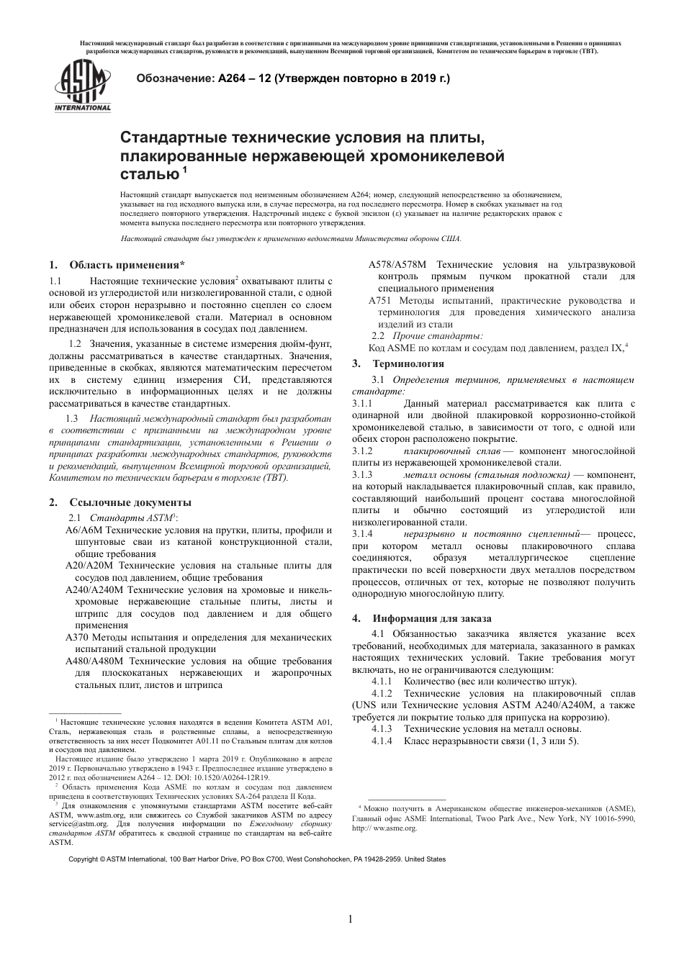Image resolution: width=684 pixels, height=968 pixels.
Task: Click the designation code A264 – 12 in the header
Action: tap(245, 78)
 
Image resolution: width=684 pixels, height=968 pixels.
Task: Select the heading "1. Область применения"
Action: tap(117, 265)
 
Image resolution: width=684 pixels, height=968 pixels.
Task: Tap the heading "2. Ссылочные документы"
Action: tap(120, 502)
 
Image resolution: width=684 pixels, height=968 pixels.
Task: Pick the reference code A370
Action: tap(77, 637)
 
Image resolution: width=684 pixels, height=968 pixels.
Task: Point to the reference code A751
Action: tap(380, 301)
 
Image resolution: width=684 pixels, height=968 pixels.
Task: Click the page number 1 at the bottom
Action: tap(350, 919)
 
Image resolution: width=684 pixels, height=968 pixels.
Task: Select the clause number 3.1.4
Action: tap(362, 534)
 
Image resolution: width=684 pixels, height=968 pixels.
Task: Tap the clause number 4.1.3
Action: tap(382, 729)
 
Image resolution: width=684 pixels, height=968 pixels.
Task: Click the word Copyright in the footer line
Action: tap(83, 859)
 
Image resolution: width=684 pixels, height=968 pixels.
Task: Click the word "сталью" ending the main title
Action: tap(149, 173)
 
